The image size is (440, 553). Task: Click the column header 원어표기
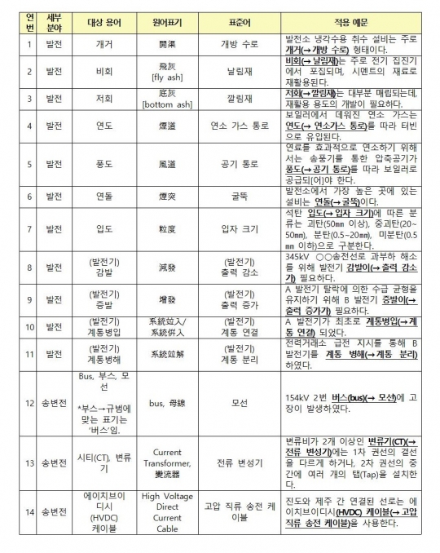tap(167, 17)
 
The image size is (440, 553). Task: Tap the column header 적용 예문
tap(351, 17)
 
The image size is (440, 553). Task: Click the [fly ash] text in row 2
tap(167, 77)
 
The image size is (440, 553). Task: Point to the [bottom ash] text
tap(167, 104)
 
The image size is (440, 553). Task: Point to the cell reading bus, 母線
tap(167, 403)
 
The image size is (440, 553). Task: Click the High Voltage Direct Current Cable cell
tap(167, 511)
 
